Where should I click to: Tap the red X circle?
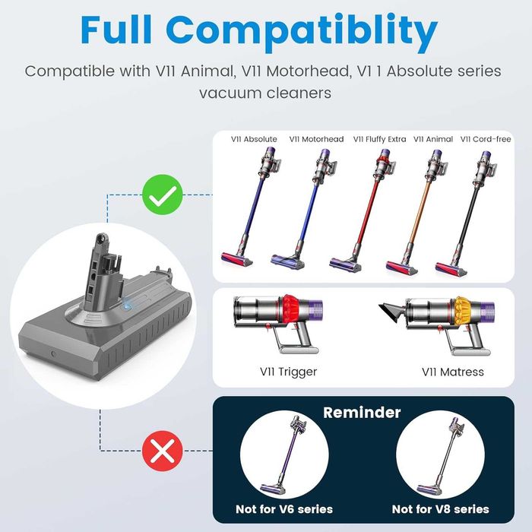(162, 454)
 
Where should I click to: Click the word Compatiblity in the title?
(302, 32)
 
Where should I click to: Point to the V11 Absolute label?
(254, 139)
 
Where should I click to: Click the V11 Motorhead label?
(317, 139)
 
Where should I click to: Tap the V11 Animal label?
(433, 139)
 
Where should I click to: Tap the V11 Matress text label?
(452, 372)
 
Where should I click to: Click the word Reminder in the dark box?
(363, 413)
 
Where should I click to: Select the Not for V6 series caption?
(283, 508)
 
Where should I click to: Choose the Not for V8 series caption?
(440, 508)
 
